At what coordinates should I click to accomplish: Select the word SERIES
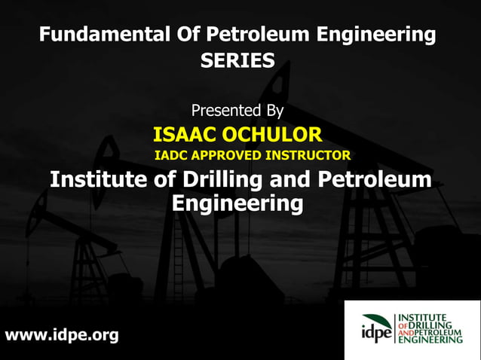tap(237, 62)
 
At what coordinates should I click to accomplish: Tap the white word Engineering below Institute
tap(237, 203)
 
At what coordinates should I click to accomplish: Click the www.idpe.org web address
tap(62, 335)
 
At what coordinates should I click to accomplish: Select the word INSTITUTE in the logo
tap(424, 317)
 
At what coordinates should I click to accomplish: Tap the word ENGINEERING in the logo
tap(430, 340)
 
